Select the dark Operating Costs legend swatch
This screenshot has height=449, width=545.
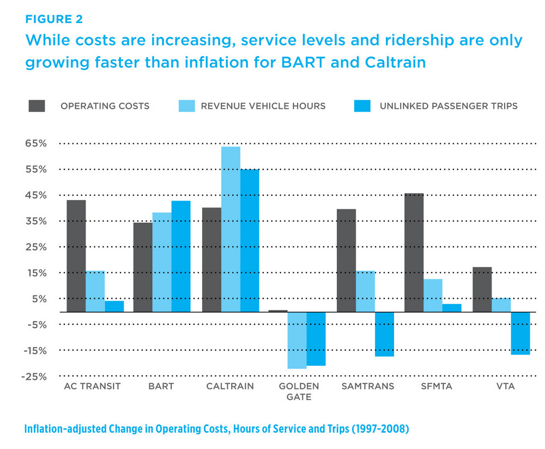point(37,105)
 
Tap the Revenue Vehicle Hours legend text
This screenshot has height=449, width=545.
point(263,106)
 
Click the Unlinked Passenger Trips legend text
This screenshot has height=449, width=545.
point(449,106)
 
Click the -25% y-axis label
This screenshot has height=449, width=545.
point(34,377)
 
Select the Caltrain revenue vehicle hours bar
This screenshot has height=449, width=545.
point(231,229)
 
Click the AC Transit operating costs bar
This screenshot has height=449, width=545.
point(76,256)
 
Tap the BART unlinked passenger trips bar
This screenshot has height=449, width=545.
point(181,256)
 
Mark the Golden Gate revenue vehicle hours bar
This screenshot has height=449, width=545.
point(297,340)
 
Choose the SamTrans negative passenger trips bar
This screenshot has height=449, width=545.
point(384,333)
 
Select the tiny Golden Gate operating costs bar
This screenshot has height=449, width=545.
point(278,311)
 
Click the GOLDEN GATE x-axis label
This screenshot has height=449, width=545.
point(298,391)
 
